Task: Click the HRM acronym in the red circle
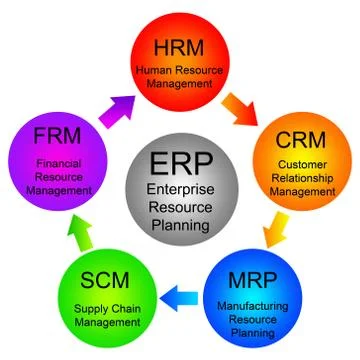click(x=178, y=47)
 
